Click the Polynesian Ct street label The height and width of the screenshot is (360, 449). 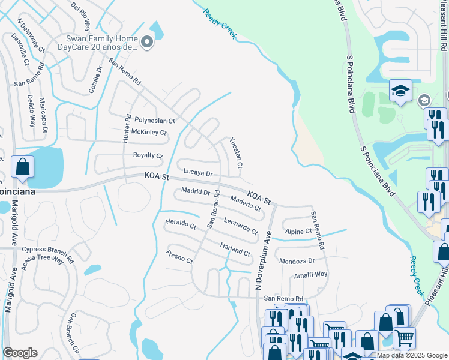154,121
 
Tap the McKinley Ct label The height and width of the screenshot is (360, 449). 149,132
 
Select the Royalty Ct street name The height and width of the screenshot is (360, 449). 148,155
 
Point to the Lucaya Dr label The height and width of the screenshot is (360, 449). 198,173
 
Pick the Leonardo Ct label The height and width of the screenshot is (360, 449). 240,225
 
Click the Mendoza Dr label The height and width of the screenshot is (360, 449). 297,261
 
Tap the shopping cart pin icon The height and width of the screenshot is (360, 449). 404,337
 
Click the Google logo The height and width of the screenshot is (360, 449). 20,353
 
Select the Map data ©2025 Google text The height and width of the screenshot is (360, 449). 412,355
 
